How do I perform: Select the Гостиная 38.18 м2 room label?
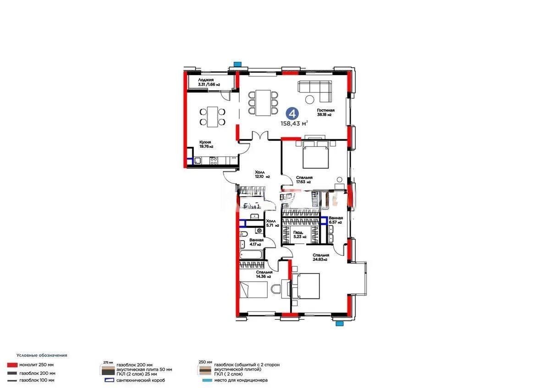point(325,113)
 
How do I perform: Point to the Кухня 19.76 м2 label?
point(206,144)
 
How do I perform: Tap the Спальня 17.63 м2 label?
point(304,179)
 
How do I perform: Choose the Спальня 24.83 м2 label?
point(320,257)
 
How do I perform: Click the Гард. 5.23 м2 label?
point(301,235)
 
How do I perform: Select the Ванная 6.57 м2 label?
point(336,220)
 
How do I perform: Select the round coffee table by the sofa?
point(310,99)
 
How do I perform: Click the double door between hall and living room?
point(261,136)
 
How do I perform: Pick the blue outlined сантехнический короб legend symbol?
point(108,380)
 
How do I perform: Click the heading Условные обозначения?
point(42,355)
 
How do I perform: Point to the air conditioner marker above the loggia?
point(237,64)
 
